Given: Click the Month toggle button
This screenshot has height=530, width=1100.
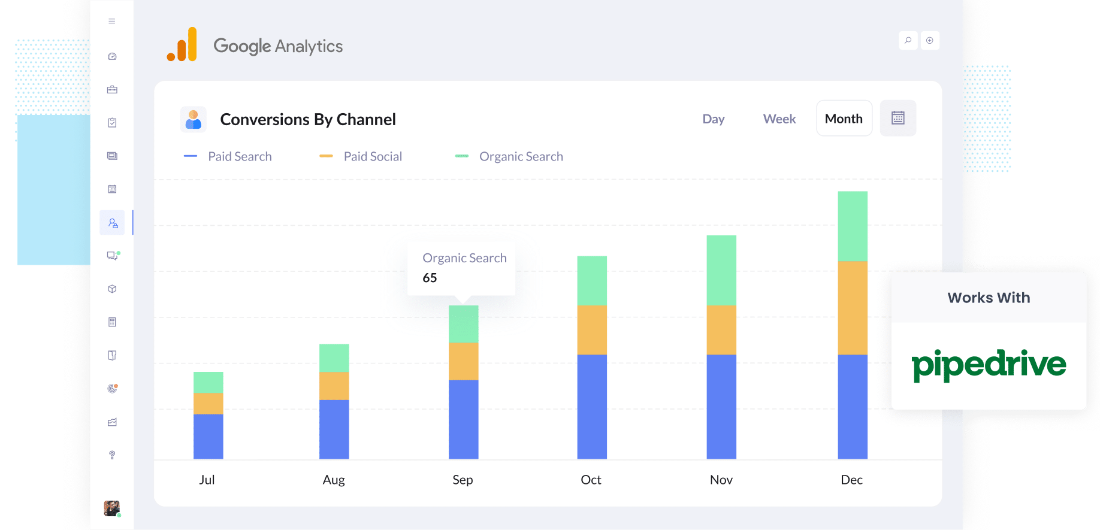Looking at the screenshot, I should tap(844, 119).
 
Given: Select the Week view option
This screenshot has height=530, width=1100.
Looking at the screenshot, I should tap(779, 119).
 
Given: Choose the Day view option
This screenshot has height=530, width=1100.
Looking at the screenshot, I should tap(713, 119).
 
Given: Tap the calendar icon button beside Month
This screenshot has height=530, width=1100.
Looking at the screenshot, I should tap(897, 118).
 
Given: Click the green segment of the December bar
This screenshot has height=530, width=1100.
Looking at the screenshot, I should tap(852, 226).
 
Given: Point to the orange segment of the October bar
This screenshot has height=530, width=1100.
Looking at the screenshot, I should tap(591, 329).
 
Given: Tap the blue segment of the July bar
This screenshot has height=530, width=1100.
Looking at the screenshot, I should tap(208, 436).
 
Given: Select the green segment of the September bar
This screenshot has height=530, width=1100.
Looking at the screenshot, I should tap(463, 324).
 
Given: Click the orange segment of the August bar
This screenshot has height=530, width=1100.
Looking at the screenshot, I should tap(334, 386).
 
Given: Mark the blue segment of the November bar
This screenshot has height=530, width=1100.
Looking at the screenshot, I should tap(721, 406).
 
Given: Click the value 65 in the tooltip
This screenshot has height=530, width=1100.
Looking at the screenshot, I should tap(430, 278).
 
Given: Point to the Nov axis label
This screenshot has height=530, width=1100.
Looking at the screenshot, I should tap(721, 480).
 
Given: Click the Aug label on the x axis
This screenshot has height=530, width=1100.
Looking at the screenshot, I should tap(334, 480).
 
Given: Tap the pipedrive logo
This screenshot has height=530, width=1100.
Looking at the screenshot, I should tap(989, 365).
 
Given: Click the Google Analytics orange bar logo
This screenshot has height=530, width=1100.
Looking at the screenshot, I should tap(182, 45).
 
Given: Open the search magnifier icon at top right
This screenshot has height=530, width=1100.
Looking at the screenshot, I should tap(908, 41).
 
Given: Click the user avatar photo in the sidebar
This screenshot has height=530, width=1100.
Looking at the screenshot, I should tap(111, 508).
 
